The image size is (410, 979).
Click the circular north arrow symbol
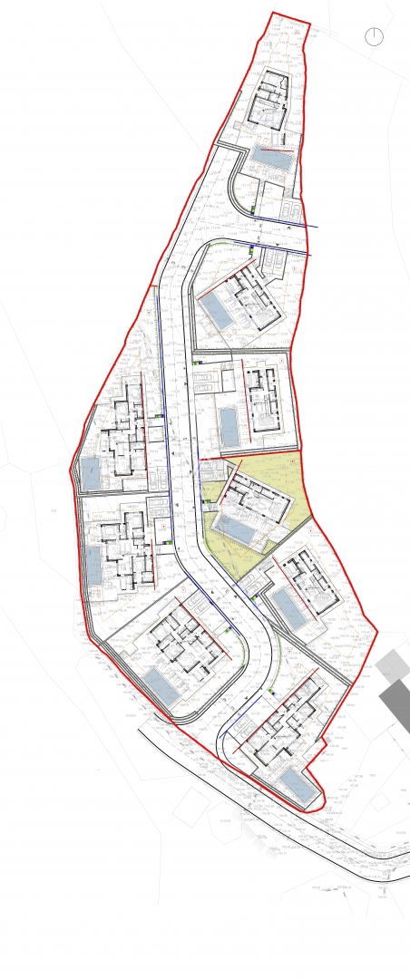tap(374, 37)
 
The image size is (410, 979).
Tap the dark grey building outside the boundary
tap(395, 702)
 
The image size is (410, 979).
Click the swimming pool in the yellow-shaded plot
tap(235, 528)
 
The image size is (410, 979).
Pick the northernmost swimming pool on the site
tap(271, 157)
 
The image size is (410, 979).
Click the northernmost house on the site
tap(268, 101)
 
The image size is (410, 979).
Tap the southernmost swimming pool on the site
tap(297, 784)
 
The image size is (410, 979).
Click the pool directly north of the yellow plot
tap(229, 426)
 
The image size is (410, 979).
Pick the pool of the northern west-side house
tap(91, 473)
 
